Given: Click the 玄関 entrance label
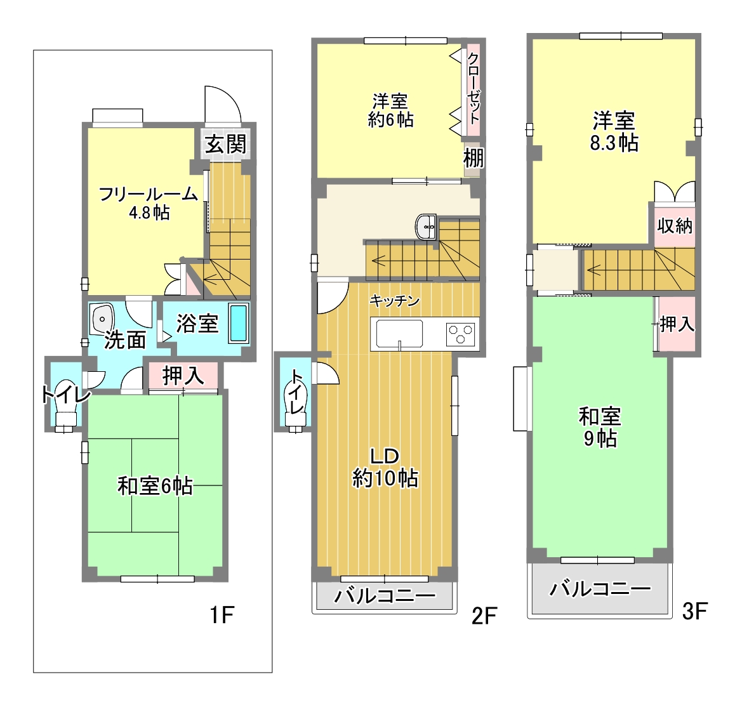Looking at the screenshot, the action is pos(226,144).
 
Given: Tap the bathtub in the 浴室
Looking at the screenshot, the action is pos(239,323).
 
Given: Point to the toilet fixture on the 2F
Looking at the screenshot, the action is pos(296,408).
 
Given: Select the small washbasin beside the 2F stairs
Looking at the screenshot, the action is pos(426,227).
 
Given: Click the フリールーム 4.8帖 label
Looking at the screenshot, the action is pos(149,203).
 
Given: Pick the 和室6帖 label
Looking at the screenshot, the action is pos(156,486).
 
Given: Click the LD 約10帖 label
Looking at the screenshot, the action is pos(385,467).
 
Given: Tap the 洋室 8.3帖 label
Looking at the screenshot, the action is pos(614,131).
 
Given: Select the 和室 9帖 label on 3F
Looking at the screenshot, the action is pos(600,427).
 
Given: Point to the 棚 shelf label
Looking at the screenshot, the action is pos(474,157).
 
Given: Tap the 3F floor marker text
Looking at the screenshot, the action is pos(694,611).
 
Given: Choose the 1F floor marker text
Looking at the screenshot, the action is pos(222,615).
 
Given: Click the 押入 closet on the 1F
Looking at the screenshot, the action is pos(183,376).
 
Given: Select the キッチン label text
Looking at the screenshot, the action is pos(395,300).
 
